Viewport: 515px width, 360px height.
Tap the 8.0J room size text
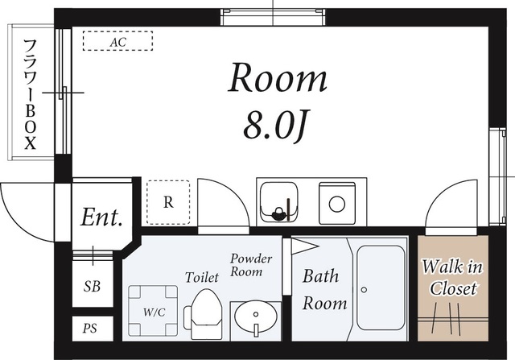tap(275, 126)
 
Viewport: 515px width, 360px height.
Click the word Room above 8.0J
tap(278, 78)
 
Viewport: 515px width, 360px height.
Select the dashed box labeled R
tap(168, 202)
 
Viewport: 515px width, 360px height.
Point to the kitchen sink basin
tap(279, 201)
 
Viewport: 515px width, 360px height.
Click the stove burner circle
tap(337, 204)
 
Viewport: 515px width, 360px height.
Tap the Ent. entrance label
tap(102, 217)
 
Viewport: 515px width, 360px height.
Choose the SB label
tap(92, 287)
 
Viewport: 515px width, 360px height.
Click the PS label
tap(90, 328)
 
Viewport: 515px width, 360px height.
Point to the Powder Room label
tap(251, 265)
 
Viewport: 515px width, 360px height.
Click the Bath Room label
tap(324, 290)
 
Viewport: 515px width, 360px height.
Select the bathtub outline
tap(381, 288)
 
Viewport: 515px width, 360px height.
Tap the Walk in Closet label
tap(452, 278)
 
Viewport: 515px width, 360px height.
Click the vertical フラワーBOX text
tap(31, 94)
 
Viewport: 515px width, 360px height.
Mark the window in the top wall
tap(273, 17)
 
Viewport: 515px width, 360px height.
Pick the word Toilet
tap(202, 277)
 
